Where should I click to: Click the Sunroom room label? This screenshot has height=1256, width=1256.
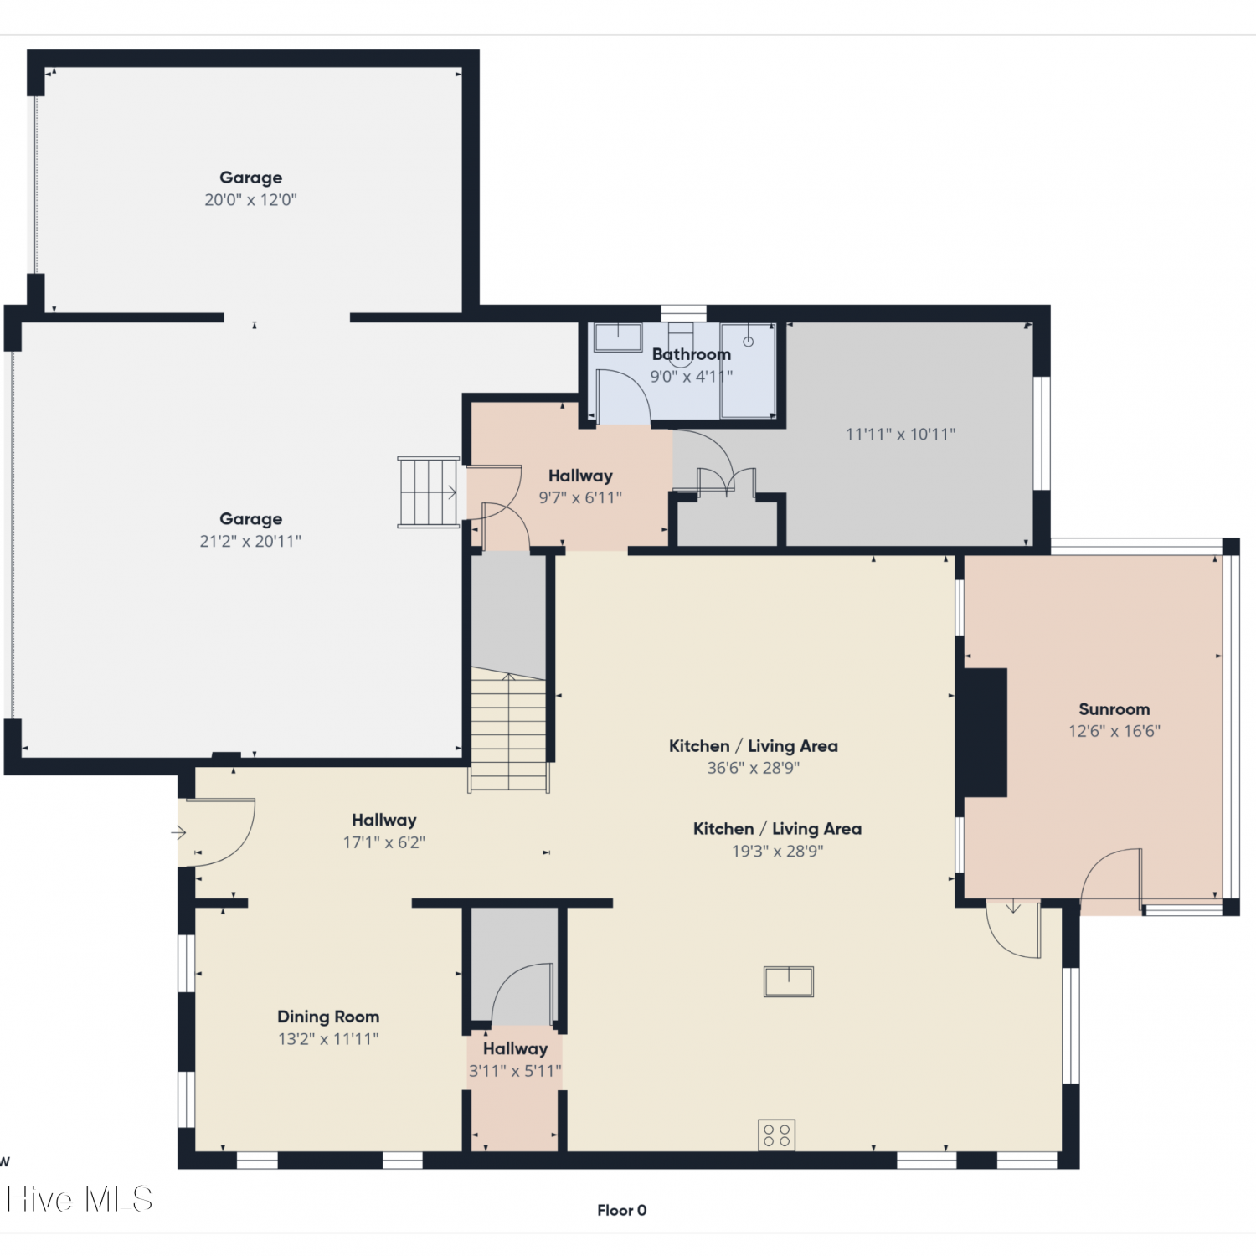1114,709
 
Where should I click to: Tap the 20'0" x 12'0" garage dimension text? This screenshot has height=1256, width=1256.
250,200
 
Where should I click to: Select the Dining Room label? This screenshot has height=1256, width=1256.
328,1017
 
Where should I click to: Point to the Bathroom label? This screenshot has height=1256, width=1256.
692,354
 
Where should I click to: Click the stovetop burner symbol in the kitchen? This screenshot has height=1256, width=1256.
777,1135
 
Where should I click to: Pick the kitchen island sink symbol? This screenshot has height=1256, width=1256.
789,981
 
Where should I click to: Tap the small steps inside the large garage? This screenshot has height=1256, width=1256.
428,492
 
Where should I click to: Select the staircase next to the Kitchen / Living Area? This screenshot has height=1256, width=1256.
508,728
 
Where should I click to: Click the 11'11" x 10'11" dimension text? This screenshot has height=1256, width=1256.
900,434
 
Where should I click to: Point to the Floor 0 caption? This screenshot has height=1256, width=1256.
621,1210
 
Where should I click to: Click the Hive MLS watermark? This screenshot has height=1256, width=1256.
80,1199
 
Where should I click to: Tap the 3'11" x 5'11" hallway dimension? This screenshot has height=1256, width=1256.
515,1071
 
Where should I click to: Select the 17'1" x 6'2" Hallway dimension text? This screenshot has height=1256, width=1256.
384,842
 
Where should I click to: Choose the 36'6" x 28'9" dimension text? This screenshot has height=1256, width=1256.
754,768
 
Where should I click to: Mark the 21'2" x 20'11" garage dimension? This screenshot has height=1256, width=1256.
250,542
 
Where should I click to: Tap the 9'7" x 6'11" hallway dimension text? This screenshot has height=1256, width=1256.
580,498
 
